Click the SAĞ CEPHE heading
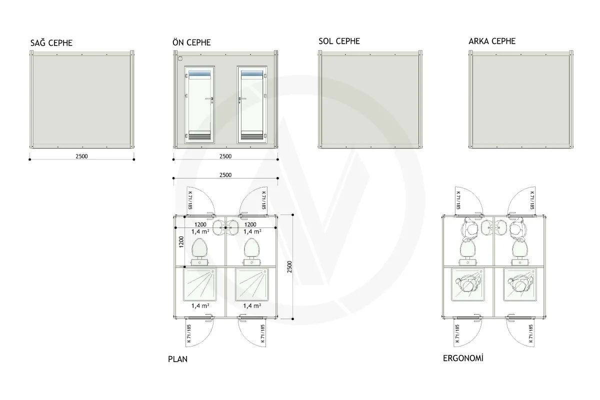[x=51, y=43]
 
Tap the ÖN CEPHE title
[x=191, y=42]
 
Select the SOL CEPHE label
[x=339, y=41]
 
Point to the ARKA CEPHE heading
[x=492, y=41]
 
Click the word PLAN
[x=177, y=359]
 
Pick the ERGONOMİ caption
[x=463, y=358]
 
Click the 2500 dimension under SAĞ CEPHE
[x=81, y=156]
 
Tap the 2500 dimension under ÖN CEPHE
[x=225, y=156]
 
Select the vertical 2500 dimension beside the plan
[x=289, y=267]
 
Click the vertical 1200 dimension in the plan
[x=181, y=242]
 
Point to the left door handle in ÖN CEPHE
[x=209, y=99]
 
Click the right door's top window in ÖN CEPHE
[x=252, y=73]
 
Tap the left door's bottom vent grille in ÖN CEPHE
[x=199, y=135]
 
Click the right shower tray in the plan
[x=252, y=284]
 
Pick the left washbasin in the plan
[x=219, y=227]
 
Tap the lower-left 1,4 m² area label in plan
[x=200, y=305]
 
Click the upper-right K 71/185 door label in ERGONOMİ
[x=531, y=200]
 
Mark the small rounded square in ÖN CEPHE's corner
[x=180, y=58]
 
